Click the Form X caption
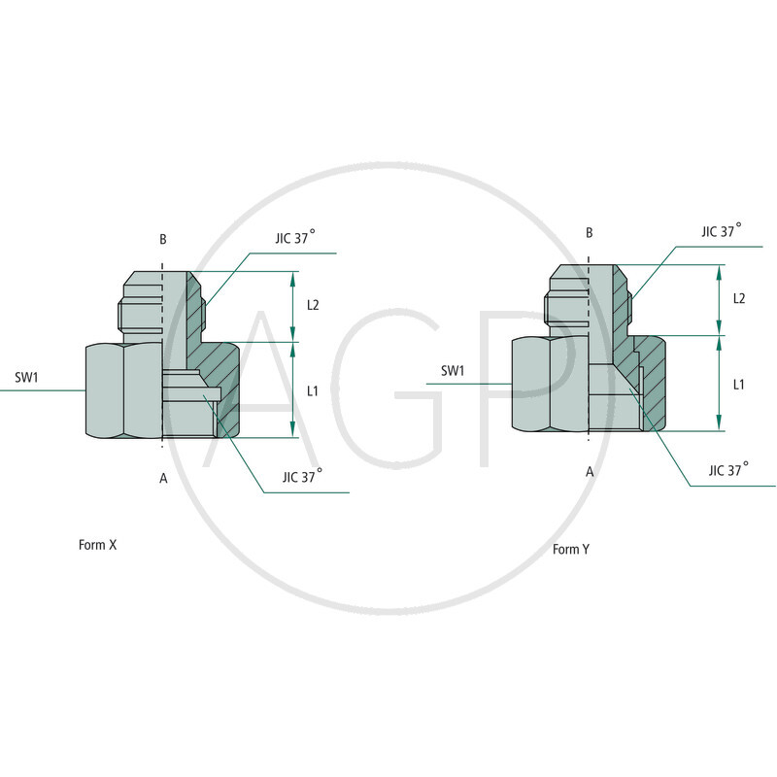click(97, 545)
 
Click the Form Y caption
click(571, 550)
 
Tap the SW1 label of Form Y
click(454, 370)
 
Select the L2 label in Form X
click(313, 305)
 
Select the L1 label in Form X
click(313, 390)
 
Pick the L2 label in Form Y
click(739, 298)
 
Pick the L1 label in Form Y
click(739, 384)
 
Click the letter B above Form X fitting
click(163, 239)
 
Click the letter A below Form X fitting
click(163, 478)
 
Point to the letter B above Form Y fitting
click(589, 233)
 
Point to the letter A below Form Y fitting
click(589, 471)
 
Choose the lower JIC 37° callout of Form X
click(303, 477)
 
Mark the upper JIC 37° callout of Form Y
click(722, 231)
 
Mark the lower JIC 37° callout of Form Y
click(728, 469)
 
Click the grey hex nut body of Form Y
click(547, 384)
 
